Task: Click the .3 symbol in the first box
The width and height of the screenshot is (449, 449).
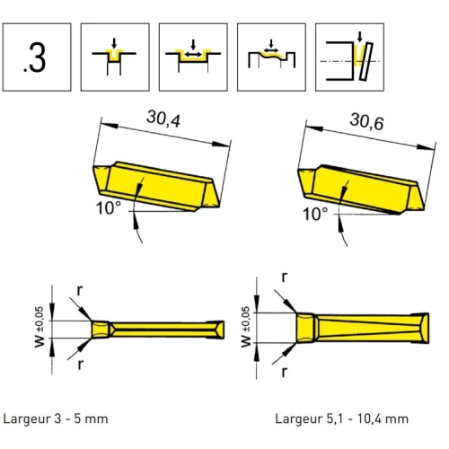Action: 35,57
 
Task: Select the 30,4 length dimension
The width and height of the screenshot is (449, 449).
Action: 163,119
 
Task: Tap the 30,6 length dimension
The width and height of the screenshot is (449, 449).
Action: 366,121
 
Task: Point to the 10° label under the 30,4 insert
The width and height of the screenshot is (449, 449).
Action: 109,207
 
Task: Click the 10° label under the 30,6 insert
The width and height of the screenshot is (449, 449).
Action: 315,214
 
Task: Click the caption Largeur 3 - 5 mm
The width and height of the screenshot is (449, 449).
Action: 56,418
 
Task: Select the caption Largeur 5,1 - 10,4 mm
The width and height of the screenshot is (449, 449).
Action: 341,418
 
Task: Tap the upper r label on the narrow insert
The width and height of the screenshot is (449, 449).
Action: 79,290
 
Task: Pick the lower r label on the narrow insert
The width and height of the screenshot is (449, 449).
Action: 80,365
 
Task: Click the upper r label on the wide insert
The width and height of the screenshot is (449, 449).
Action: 285,277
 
